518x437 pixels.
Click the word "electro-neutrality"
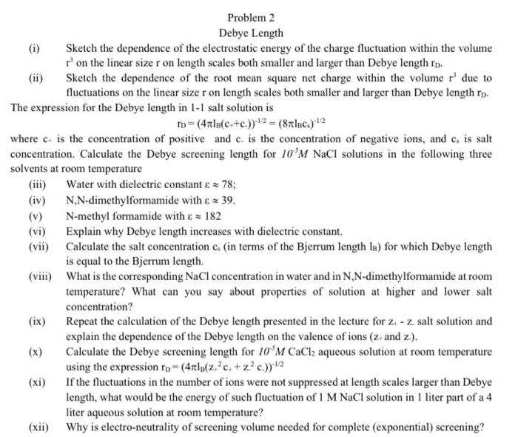(x=131, y=427)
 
